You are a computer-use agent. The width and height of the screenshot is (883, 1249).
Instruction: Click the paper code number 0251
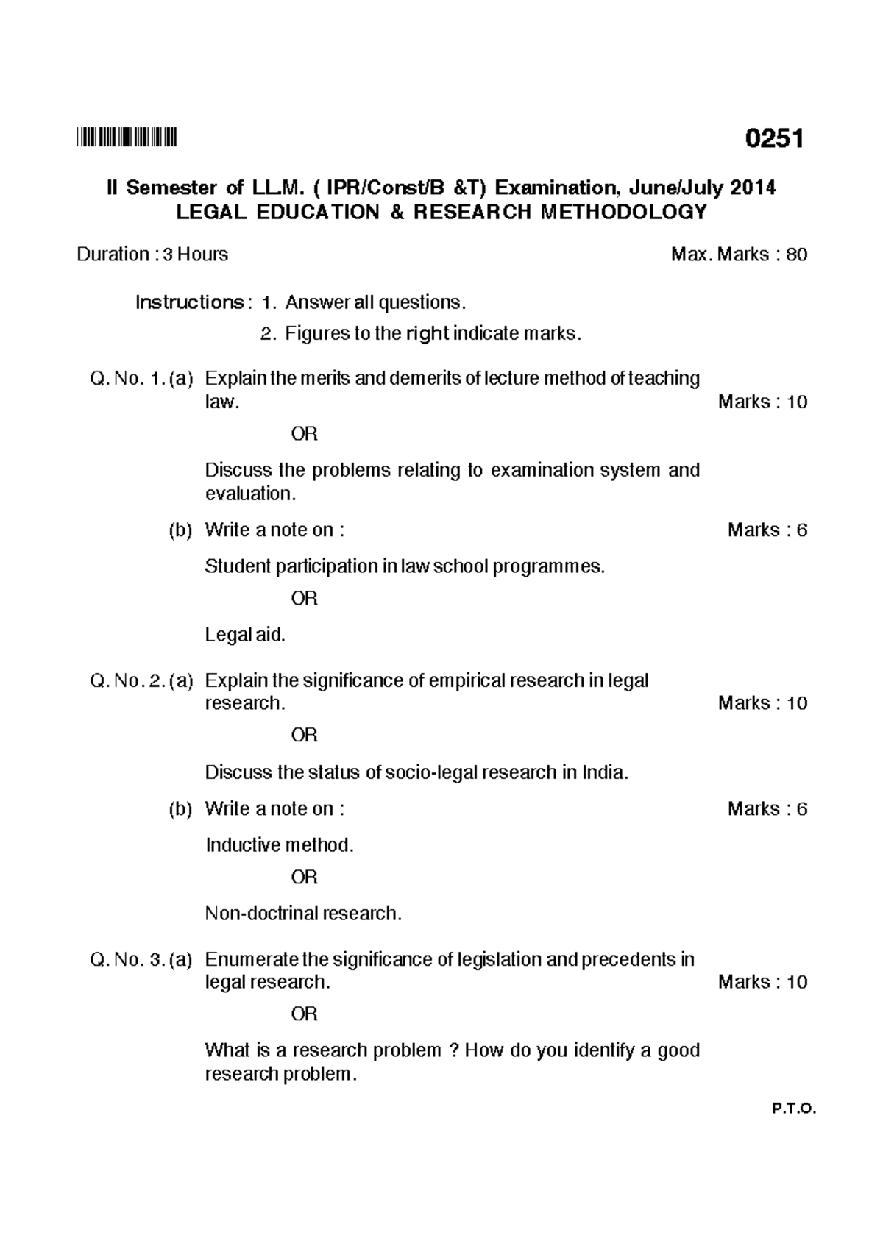(773, 138)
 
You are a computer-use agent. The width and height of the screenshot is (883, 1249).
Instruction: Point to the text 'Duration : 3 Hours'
(152, 255)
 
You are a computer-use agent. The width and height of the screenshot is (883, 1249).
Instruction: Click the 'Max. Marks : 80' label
(739, 255)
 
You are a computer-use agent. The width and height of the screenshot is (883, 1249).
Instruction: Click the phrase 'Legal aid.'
(245, 635)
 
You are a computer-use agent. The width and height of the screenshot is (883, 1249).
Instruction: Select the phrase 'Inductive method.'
(280, 845)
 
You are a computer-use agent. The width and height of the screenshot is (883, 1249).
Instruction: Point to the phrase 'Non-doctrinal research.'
(303, 914)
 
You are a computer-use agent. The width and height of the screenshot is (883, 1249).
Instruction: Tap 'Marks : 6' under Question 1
(767, 530)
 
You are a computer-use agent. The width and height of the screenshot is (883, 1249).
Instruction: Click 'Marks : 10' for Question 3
(762, 982)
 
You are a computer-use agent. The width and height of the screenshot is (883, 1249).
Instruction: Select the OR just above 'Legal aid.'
(304, 599)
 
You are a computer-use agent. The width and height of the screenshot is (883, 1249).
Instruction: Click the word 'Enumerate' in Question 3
(252, 960)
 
